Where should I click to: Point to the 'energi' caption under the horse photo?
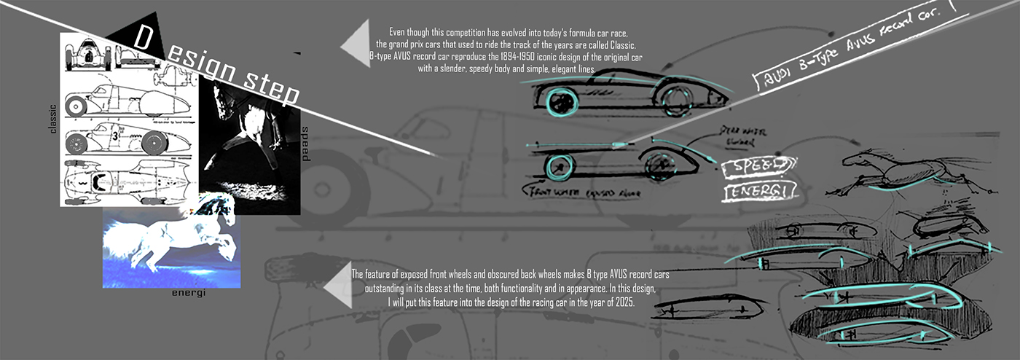(189, 292)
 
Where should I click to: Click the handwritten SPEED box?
(756, 168)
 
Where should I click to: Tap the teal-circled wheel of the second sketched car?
(559, 165)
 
